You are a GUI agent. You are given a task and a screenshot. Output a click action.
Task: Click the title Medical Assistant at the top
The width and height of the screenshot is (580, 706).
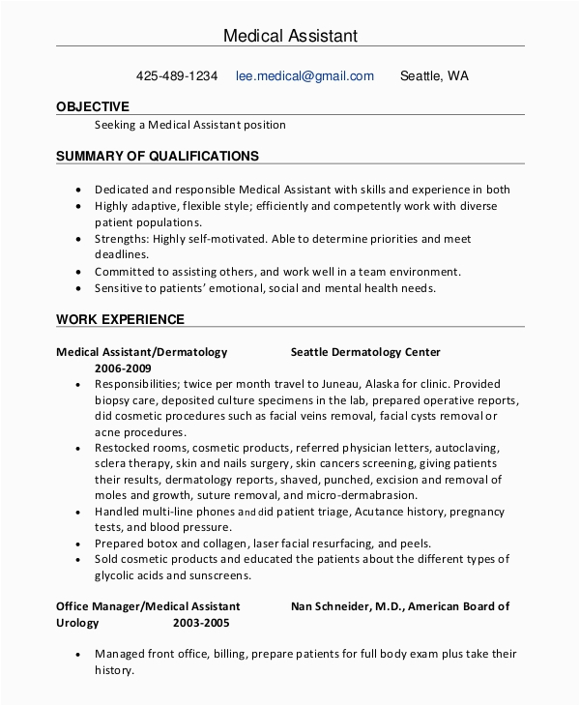click(x=290, y=36)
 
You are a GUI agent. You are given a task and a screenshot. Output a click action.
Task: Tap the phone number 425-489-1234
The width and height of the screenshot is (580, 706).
click(x=177, y=75)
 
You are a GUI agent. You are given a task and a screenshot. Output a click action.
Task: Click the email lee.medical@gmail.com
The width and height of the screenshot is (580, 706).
click(x=304, y=75)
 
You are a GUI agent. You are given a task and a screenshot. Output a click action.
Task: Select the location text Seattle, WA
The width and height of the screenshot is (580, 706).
click(x=434, y=75)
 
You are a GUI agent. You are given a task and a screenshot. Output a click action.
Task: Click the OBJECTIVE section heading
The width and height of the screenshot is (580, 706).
click(x=93, y=106)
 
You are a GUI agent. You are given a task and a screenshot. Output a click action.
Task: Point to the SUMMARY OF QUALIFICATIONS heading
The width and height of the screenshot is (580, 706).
click(x=158, y=155)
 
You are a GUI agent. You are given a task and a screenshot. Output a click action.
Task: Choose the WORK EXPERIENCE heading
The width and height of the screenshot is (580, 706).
click(x=120, y=319)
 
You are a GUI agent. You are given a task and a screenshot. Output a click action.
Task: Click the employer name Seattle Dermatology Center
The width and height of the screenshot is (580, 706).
click(x=365, y=352)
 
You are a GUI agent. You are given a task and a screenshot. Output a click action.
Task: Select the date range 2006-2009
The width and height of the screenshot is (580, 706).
click(x=123, y=368)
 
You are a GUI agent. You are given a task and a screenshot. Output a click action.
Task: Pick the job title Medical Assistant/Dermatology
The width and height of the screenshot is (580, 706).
click(x=142, y=352)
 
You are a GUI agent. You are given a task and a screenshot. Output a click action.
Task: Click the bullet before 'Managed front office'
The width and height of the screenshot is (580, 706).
click(x=78, y=655)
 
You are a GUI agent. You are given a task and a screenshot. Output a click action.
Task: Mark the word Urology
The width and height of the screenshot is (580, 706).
click(x=77, y=623)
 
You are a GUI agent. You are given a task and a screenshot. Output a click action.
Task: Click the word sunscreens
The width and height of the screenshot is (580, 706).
click(x=219, y=574)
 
